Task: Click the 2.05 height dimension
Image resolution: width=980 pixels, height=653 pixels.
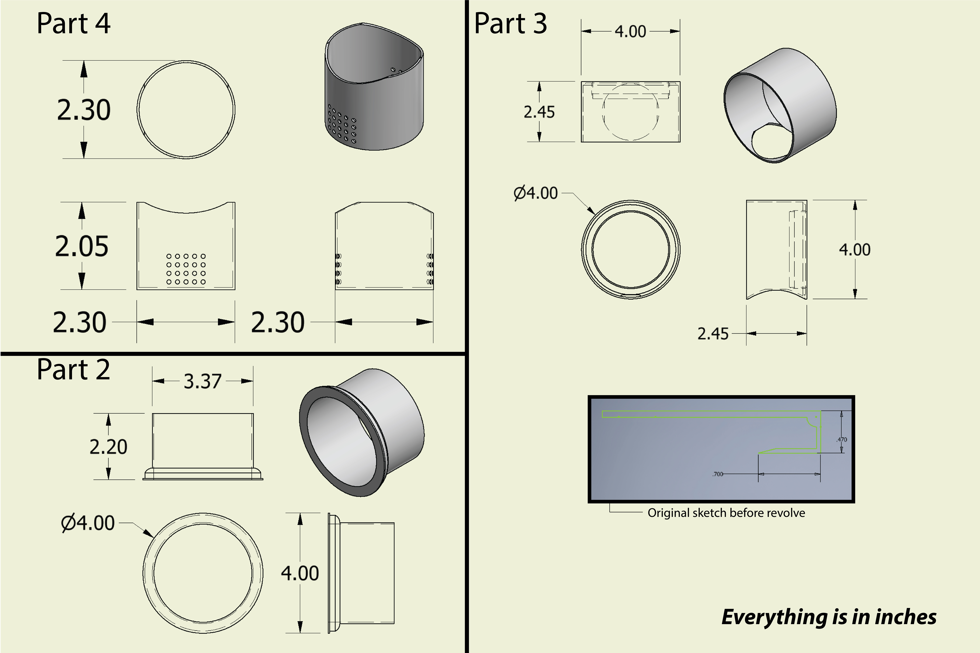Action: (x=82, y=246)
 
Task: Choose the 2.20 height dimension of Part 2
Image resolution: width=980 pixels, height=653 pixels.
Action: (x=108, y=447)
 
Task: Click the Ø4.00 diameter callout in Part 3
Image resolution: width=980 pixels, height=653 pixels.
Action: (x=536, y=193)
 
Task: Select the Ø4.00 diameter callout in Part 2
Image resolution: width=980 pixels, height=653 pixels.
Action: (x=88, y=523)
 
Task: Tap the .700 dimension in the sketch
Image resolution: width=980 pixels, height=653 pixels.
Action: (x=718, y=474)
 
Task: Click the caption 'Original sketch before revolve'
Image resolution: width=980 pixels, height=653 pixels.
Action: (x=726, y=513)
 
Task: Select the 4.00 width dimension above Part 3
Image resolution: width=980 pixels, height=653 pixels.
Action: (x=630, y=32)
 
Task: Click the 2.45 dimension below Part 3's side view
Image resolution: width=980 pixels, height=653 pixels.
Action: (x=713, y=334)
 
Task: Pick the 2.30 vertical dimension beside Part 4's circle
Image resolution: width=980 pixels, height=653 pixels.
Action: (x=84, y=110)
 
